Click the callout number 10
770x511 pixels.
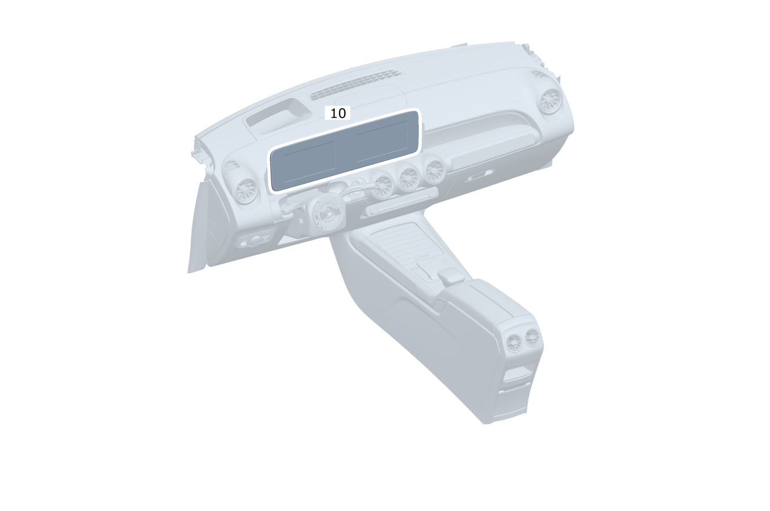pyautogui.click(x=337, y=113)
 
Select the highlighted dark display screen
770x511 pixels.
pyautogui.click(x=345, y=150)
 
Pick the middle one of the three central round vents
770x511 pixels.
pyautogui.click(x=408, y=178)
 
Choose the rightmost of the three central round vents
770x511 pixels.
pyautogui.click(x=434, y=171)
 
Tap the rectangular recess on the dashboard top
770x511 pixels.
pyautogui.click(x=277, y=116)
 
